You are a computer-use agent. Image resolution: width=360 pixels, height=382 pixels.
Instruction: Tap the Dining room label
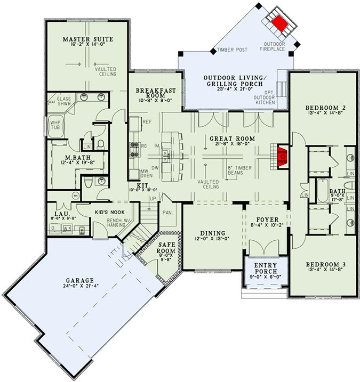(x=213, y=233)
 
